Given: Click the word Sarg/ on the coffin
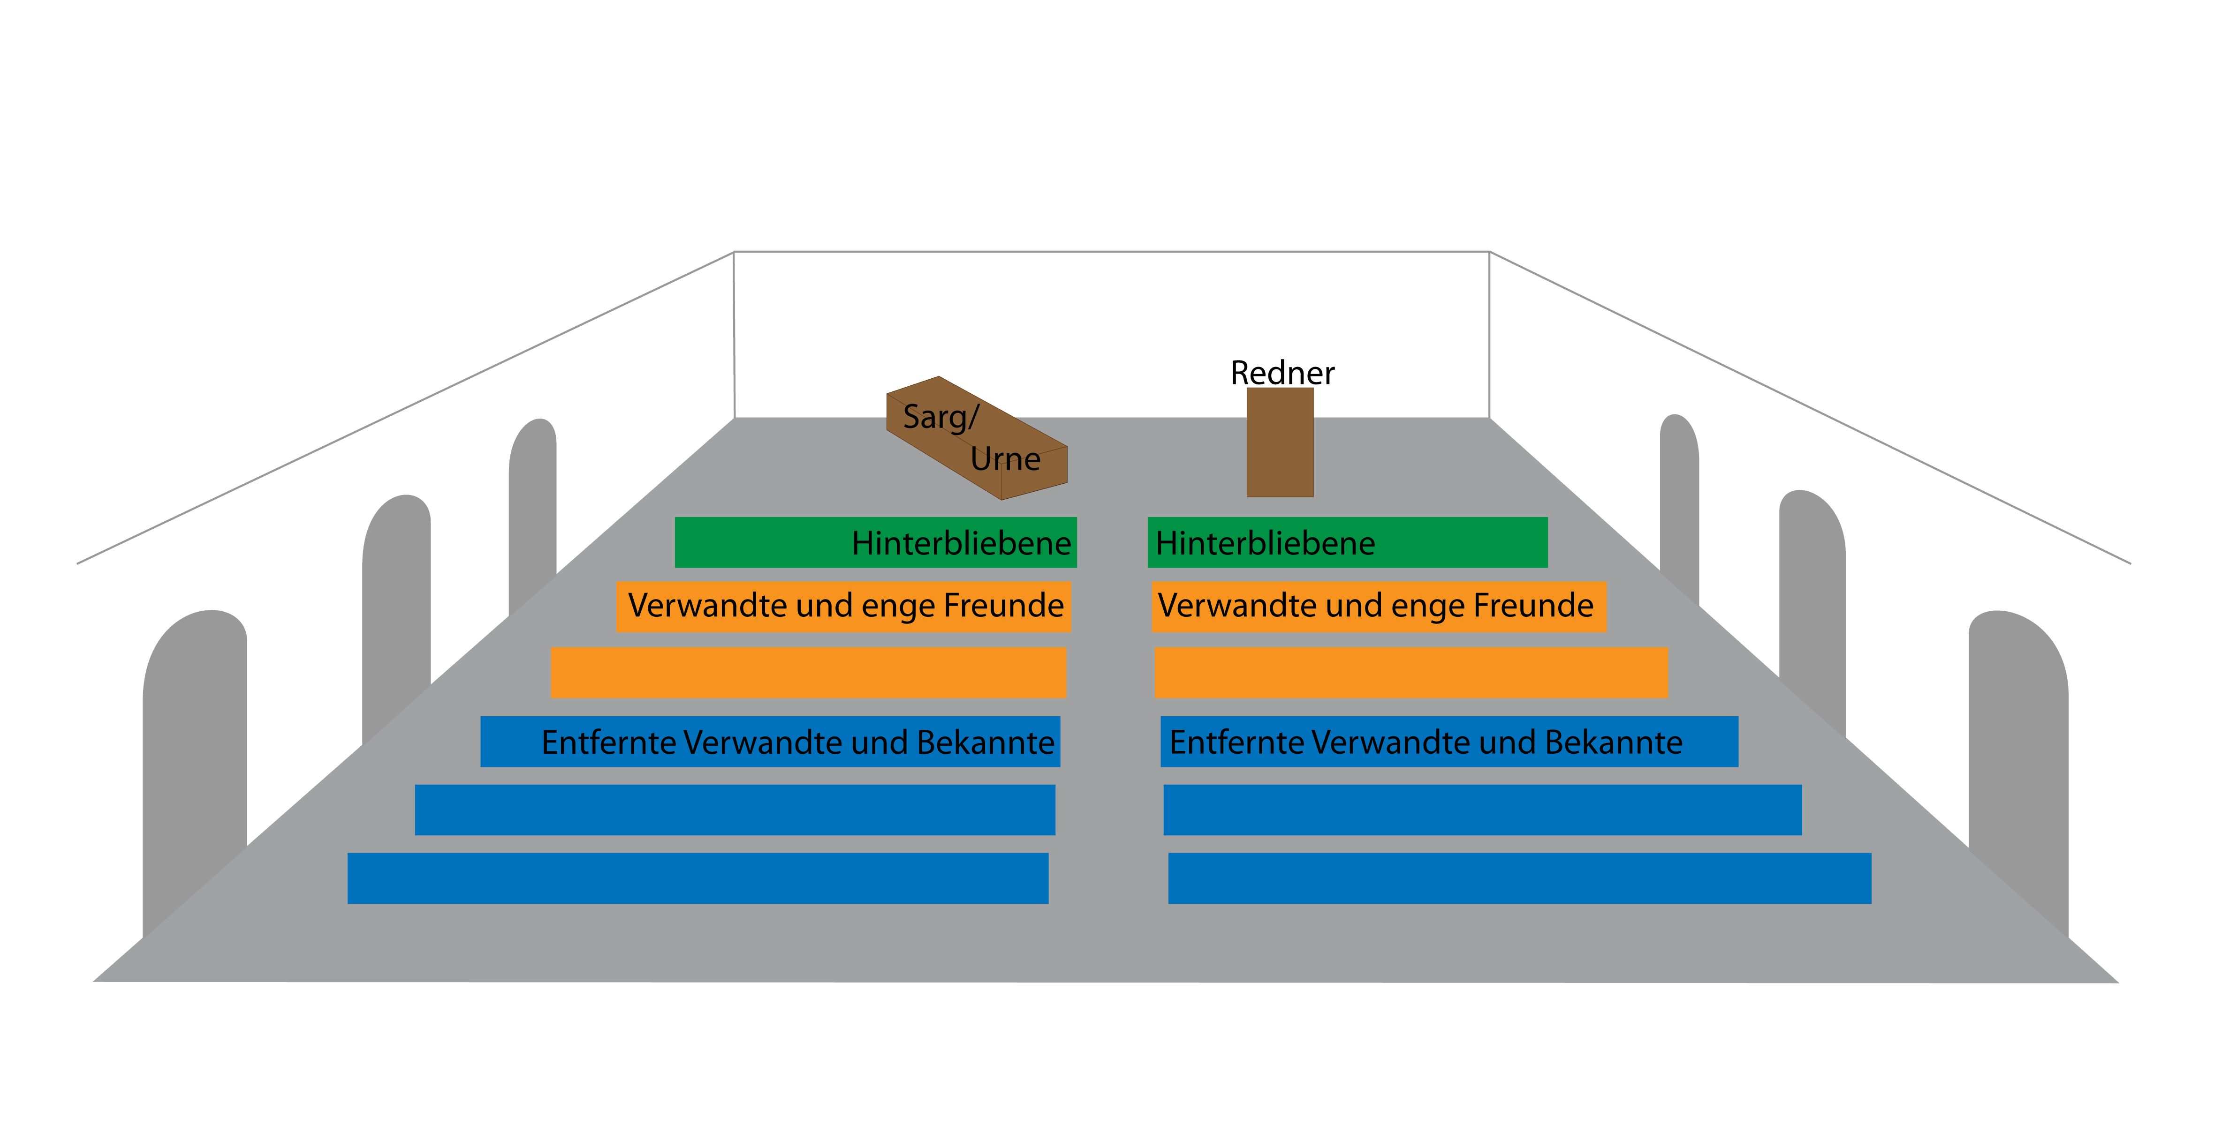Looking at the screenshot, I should tap(940, 417).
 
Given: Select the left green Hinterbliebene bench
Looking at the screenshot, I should tap(875, 542).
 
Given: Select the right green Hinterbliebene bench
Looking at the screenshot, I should tap(1347, 542).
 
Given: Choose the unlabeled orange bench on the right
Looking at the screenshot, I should tap(1410, 673).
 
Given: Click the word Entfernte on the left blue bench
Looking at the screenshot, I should tap(608, 742).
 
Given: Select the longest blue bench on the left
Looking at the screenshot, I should tap(698, 878).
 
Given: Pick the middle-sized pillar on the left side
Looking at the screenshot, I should tap(396, 607).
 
